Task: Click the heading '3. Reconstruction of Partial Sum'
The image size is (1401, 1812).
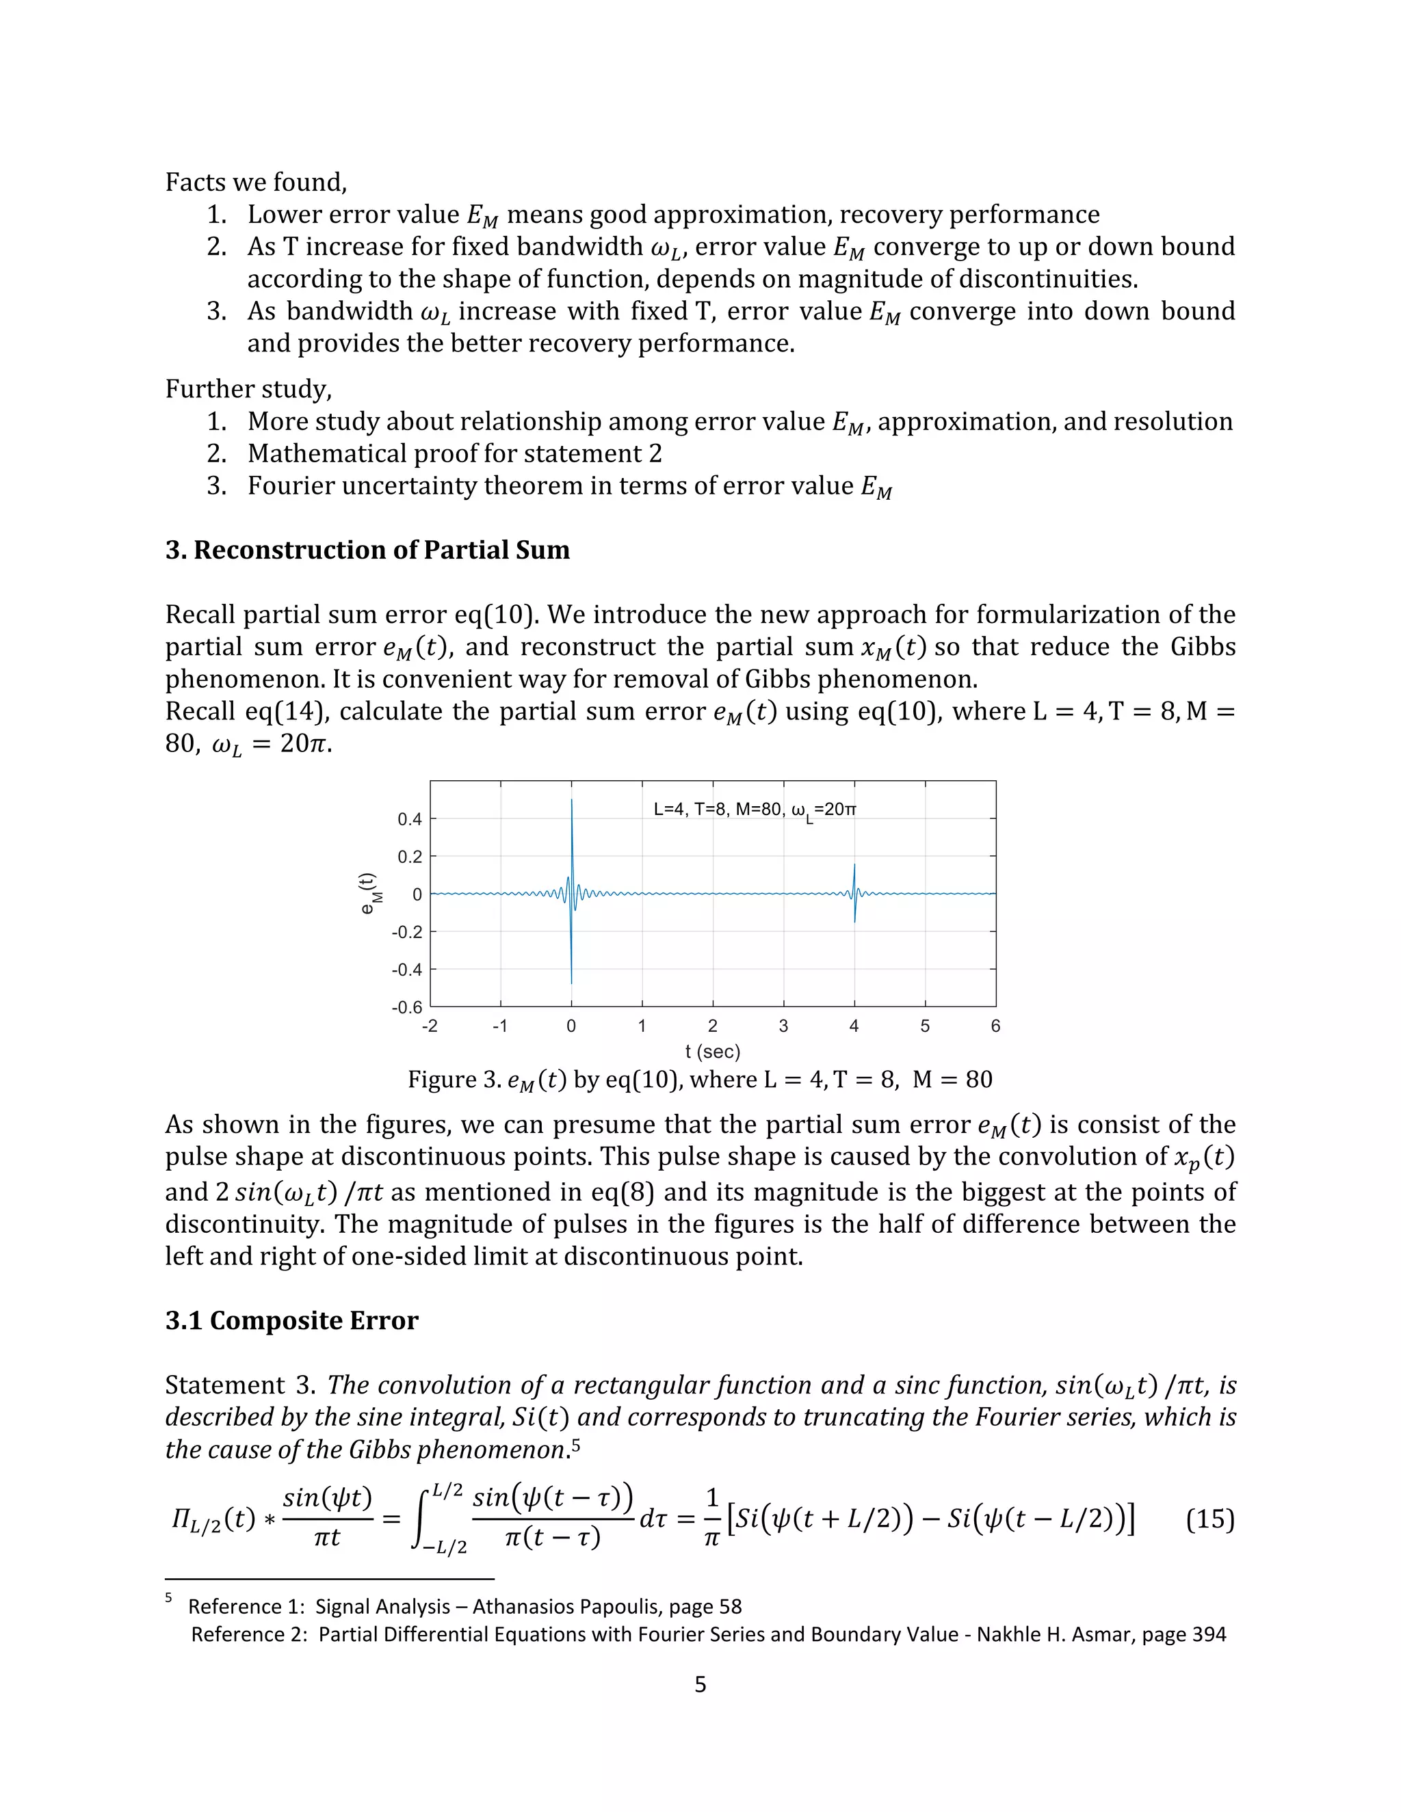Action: (x=367, y=550)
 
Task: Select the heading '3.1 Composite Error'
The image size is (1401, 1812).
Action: (x=291, y=1320)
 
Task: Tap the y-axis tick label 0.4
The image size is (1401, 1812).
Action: (x=409, y=820)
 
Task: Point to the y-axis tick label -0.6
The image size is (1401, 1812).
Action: (x=407, y=1007)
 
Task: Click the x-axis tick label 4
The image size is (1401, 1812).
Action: (x=854, y=1026)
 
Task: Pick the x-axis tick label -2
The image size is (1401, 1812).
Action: (x=429, y=1026)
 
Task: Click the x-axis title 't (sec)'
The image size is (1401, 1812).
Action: (x=712, y=1052)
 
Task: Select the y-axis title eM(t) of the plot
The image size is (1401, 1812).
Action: (x=369, y=894)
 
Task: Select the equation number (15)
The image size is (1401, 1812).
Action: (x=1209, y=1520)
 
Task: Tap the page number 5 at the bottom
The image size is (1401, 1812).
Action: (x=700, y=1684)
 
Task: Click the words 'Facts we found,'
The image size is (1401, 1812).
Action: (x=256, y=182)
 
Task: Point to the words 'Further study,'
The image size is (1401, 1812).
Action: (x=248, y=388)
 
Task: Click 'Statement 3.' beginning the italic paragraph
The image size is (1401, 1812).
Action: (x=240, y=1385)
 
